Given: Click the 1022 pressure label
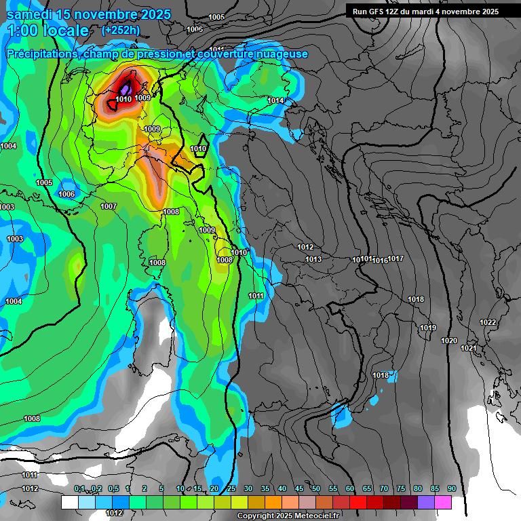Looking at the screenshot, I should pos(488,322).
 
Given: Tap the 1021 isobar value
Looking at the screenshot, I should pos(469,349).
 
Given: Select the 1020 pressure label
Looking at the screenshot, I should pos(449,341).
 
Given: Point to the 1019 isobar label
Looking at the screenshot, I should pos(427,328).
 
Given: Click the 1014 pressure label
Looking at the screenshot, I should pos(275,101).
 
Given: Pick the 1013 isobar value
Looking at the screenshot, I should pos(313,260).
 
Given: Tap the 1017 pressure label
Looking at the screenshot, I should pos(396,259).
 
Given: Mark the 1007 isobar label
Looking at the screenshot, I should pos(109,207).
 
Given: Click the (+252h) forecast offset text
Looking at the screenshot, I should pos(121,30).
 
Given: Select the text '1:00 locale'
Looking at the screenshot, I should pos(48,31).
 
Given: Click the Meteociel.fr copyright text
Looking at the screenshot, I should pos(288,516).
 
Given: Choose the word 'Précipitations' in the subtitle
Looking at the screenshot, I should pos(41,54).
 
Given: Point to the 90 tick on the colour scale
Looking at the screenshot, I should pos(452,489).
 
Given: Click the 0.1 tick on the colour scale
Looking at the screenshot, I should pos(79,489).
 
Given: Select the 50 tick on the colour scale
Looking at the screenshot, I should pos(316,489).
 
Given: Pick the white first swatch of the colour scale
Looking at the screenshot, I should pos(69,502).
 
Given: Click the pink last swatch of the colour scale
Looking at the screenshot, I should pos(443,502).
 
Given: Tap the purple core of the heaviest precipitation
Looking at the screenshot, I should pos(126,90).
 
